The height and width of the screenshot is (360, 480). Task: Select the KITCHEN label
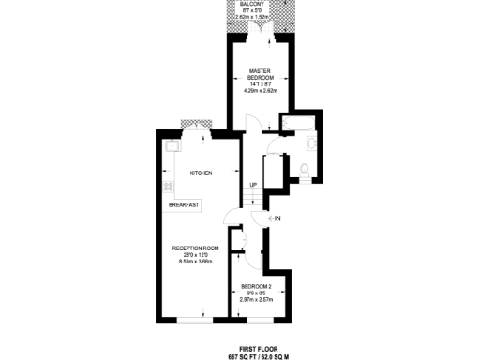pos(201,173)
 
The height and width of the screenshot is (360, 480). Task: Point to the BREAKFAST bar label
pos(184,204)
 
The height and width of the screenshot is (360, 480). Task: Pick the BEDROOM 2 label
pos(256,285)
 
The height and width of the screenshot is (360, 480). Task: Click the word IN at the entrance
pos(278,218)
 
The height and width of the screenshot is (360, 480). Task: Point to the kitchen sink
pos(172,145)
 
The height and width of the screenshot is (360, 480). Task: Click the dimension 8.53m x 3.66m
pos(195,262)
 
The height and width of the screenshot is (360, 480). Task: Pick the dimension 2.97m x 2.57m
pos(256,300)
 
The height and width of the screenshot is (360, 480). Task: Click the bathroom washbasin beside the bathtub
pos(313,144)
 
